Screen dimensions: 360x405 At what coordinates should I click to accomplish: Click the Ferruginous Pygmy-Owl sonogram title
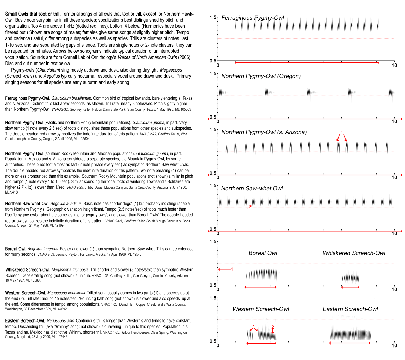coord(253,18)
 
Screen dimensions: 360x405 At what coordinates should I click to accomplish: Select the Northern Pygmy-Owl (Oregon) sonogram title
coord(261,76)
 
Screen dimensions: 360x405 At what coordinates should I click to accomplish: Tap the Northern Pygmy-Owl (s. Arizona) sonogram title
coord(264,132)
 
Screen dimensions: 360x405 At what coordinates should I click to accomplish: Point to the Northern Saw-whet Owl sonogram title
coord(252,188)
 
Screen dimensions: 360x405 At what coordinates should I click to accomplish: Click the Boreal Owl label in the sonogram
coord(263,253)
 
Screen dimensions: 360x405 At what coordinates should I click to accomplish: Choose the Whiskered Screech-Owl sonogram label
coord(354,253)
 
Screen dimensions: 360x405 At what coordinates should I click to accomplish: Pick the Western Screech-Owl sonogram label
coord(261,309)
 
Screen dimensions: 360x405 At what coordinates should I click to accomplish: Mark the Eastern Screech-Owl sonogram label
coord(350,309)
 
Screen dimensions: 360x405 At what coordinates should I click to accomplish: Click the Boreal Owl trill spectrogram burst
coord(262,274)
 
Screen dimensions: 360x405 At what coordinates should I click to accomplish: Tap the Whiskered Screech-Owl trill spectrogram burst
coord(350,278)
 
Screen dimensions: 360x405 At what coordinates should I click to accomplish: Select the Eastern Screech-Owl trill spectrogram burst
coord(350,334)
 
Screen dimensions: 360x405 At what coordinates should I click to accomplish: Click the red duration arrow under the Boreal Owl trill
coord(261,287)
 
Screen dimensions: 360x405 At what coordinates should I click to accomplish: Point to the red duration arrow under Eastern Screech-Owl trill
coord(350,343)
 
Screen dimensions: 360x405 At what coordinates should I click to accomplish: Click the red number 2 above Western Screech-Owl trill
coord(273,327)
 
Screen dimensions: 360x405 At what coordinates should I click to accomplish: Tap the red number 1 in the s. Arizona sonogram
coord(342,133)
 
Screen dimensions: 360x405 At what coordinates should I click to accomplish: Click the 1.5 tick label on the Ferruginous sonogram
coord(213,17)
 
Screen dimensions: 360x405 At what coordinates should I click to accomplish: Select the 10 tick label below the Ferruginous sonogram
coord(394,65)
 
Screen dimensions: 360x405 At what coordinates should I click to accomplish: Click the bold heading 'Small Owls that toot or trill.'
coord(33,14)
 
